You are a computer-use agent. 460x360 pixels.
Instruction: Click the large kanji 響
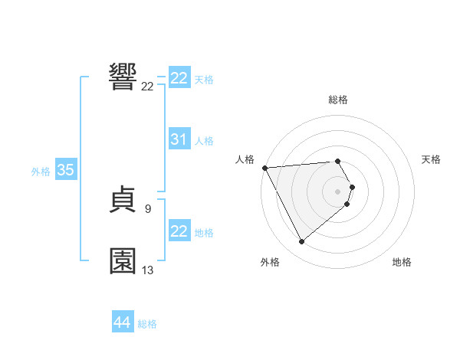123,77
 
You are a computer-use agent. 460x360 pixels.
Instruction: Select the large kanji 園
123,260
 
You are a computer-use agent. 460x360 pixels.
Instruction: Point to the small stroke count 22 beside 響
147,87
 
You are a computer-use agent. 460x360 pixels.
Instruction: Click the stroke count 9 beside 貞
147,208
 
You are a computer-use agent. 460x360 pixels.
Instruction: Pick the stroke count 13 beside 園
147,270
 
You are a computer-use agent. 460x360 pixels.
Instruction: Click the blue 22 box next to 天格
179,78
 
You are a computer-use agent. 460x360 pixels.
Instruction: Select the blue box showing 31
179,139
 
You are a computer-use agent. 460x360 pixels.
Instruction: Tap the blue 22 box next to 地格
179,231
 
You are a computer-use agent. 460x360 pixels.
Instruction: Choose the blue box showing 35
65,170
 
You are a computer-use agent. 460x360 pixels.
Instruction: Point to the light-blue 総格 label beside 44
147,324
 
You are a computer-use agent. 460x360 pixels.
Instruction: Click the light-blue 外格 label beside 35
41,172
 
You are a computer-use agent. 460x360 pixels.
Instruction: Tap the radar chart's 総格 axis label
338,100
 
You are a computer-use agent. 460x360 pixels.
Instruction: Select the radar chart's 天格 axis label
432,159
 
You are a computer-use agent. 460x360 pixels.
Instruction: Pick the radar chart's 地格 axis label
402,262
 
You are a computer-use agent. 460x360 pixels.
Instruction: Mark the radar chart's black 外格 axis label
270,262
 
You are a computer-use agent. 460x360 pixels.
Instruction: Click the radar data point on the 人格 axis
264,168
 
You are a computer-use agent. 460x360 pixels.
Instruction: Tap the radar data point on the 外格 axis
301,241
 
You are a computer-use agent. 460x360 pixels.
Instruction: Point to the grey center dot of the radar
338,191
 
